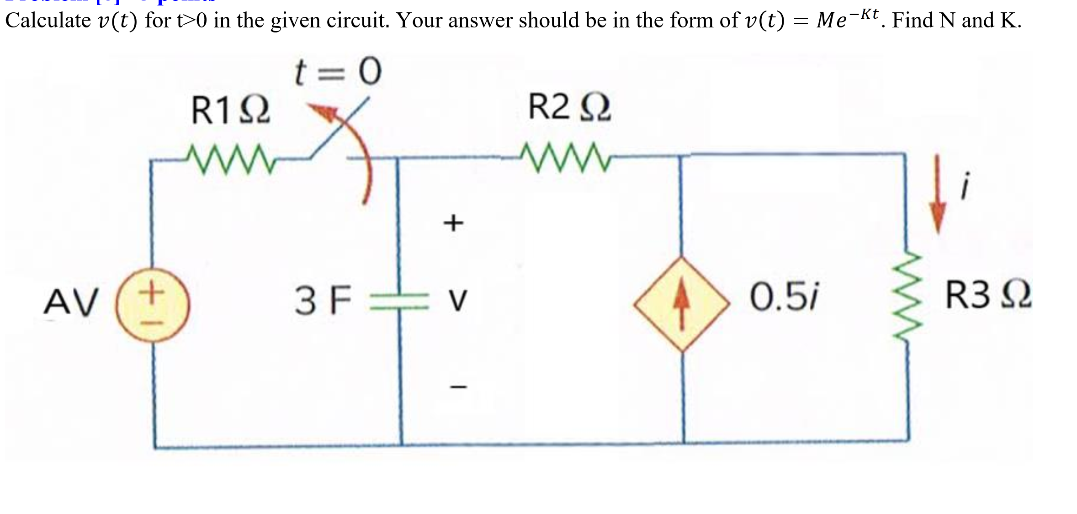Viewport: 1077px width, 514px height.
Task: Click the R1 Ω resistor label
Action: tap(230, 111)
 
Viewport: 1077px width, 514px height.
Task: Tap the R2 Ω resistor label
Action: tap(569, 107)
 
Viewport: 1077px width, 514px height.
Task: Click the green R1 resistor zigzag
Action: tap(231, 159)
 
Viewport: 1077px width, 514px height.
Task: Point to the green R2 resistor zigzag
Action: tap(566, 158)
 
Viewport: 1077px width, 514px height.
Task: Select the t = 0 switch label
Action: tap(338, 72)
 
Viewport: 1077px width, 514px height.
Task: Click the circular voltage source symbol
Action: tap(153, 305)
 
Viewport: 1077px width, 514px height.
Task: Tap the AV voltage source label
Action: tap(71, 302)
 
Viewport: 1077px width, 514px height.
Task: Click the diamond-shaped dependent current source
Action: tap(682, 304)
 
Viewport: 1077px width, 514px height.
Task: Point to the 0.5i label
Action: tap(784, 297)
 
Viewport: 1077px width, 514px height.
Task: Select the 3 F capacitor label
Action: tap(323, 300)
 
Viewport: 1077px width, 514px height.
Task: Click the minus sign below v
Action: tap(458, 387)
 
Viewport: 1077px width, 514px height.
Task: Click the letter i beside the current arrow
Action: tap(965, 185)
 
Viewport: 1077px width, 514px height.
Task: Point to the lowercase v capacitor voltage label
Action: tap(457, 301)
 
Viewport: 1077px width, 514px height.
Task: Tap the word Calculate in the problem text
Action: tap(48, 20)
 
